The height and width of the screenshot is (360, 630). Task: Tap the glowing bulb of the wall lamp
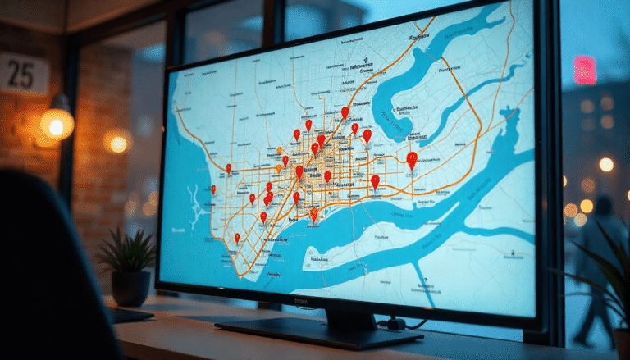(x=57, y=124)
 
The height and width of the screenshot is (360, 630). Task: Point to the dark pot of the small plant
(x=130, y=288)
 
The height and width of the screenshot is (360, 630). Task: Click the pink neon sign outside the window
(x=584, y=71)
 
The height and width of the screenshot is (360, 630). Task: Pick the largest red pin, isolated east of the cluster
(x=412, y=160)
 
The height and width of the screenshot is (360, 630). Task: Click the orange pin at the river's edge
(x=313, y=214)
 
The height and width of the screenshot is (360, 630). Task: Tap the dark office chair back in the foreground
(x=49, y=271)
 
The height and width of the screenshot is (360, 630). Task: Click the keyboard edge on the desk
(x=131, y=316)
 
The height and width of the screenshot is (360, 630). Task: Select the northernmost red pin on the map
(x=345, y=112)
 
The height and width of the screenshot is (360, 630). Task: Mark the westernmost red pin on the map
(x=213, y=189)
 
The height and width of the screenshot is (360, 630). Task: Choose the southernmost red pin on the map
(x=237, y=239)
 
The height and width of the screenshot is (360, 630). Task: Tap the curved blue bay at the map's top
(x=459, y=49)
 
